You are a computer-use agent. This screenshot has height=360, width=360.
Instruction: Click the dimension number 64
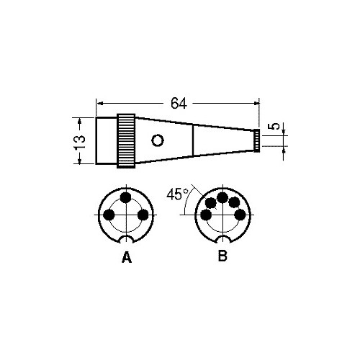[179, 104]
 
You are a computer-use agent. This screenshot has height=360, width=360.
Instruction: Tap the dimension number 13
[79, 142]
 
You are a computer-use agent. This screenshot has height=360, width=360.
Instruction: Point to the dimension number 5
[276, 126]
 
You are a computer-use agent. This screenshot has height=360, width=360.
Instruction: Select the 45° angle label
[177, 194]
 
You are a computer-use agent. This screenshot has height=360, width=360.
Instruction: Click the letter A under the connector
[127, 257]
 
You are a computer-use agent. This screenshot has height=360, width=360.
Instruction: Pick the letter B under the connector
[222, 256]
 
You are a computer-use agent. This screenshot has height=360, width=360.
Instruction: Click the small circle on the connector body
[158, 140]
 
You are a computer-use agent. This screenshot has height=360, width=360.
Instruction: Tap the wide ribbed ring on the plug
[126, 141]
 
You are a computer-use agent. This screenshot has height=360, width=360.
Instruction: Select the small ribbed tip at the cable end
[257, 140]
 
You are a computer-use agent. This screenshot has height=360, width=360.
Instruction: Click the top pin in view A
[125, 198]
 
